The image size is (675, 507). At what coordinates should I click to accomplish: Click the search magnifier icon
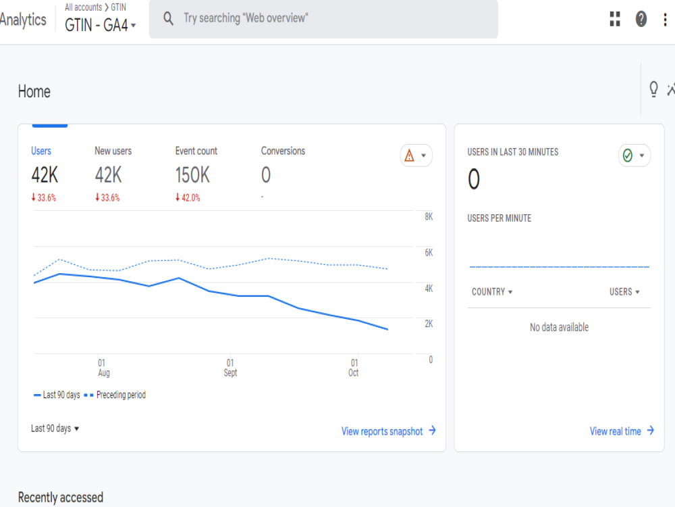[x=169, y=18]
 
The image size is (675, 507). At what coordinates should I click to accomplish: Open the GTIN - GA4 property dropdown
[x=101, y=25]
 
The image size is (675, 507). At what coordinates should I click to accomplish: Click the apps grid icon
[x=615, y=19]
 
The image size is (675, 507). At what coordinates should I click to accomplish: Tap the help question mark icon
[x=641, y=19]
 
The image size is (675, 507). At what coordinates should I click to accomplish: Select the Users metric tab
[x=41, y=151]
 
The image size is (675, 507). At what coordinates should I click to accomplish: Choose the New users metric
[x=113, y=151]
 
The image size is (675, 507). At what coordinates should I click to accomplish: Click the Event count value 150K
[x=192, y=176]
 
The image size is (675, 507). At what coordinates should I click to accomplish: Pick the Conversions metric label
[x=283, y=151]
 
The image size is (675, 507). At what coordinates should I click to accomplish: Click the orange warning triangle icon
[x=409, y=155]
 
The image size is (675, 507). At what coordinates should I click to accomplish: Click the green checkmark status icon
[x=628, y=155]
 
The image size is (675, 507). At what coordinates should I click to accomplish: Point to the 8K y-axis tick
[x=429, y=217]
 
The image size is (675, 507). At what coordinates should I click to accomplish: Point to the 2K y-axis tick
[x=429, y=324]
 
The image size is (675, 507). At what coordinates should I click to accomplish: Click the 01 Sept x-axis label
[x=230, y=368]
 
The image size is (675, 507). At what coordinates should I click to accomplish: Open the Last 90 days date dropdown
[x=55, y=429]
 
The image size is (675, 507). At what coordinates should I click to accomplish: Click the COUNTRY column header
[x=492, y=292]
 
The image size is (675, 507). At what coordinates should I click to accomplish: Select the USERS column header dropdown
[x=624, y=292]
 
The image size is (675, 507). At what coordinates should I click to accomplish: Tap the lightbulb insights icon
[x=653, y=89]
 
